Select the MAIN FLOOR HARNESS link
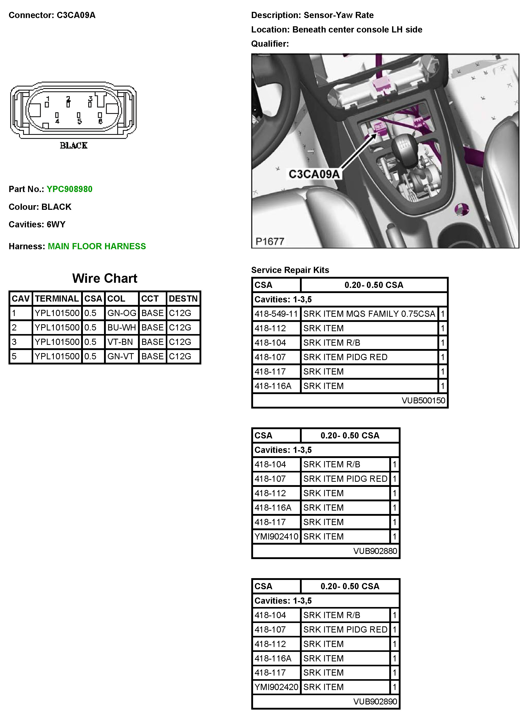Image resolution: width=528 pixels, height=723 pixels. (x=97, y=246)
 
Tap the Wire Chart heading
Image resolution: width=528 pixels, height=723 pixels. (x=105, y=278)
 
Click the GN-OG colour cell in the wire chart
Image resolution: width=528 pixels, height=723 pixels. (x=122, y=313)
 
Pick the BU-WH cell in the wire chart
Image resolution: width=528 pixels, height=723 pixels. (x=122, y=327)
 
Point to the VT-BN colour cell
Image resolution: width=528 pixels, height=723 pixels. (x=120, y=342)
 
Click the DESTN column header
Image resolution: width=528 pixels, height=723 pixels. (x=183, y=298)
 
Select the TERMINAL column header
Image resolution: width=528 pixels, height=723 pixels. (x=57, y=298)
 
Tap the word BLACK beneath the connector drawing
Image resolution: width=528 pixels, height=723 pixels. (x=74, y=146)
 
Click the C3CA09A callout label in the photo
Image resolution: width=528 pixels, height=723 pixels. (x=314, y=174)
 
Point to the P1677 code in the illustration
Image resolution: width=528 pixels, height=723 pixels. (x=270, y=241)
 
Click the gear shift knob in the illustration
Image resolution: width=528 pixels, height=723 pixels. (x=403, y=146)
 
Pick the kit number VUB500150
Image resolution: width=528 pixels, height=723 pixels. (x=423, y=401)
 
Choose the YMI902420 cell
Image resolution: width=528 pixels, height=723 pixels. (x=276, y=687)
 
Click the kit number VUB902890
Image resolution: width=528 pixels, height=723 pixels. (x=375, y=702)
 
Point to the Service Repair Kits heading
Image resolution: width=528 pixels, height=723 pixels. (x=290, y=270)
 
